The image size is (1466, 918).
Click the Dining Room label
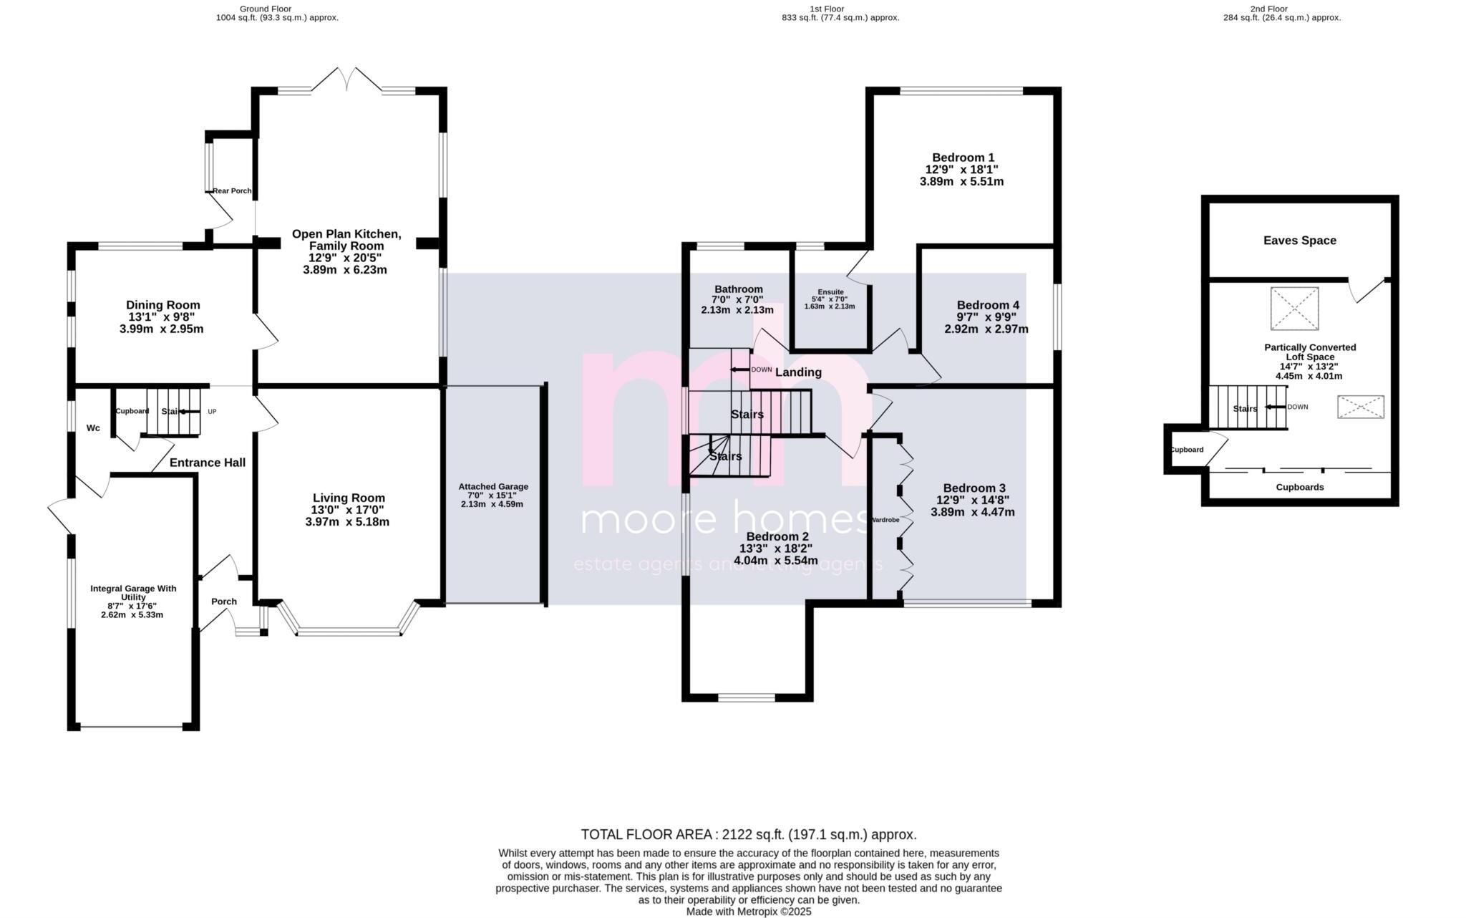(x=162, y=305)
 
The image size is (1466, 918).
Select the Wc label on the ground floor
(x=93, y=428)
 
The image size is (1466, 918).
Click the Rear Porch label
(x=232, y=191)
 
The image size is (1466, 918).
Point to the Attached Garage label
(x=493, y=487)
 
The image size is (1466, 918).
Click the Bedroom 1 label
(x=963, y=158)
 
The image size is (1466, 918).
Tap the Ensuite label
(x=830, y=292)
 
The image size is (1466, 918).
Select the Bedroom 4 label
(x=987, y=305)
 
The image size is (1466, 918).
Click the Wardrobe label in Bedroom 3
(x=885, y=520)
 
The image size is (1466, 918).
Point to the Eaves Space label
(x=1299, y=241)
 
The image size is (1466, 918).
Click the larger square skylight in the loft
(x=1294, y=309)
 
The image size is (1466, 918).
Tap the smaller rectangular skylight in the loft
(x=1360, y=407)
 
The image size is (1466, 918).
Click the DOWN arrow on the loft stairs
(x=1274, y=407)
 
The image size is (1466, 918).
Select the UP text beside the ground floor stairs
(x=212, y=412)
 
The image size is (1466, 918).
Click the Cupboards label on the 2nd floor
(x=1299, y=488)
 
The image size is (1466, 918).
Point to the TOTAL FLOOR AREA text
(x=748, y=835)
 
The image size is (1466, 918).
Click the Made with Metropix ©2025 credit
(x=748, y=912)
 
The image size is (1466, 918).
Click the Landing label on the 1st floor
(x=798, y=372)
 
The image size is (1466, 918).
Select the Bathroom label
(x=737, y=289)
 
